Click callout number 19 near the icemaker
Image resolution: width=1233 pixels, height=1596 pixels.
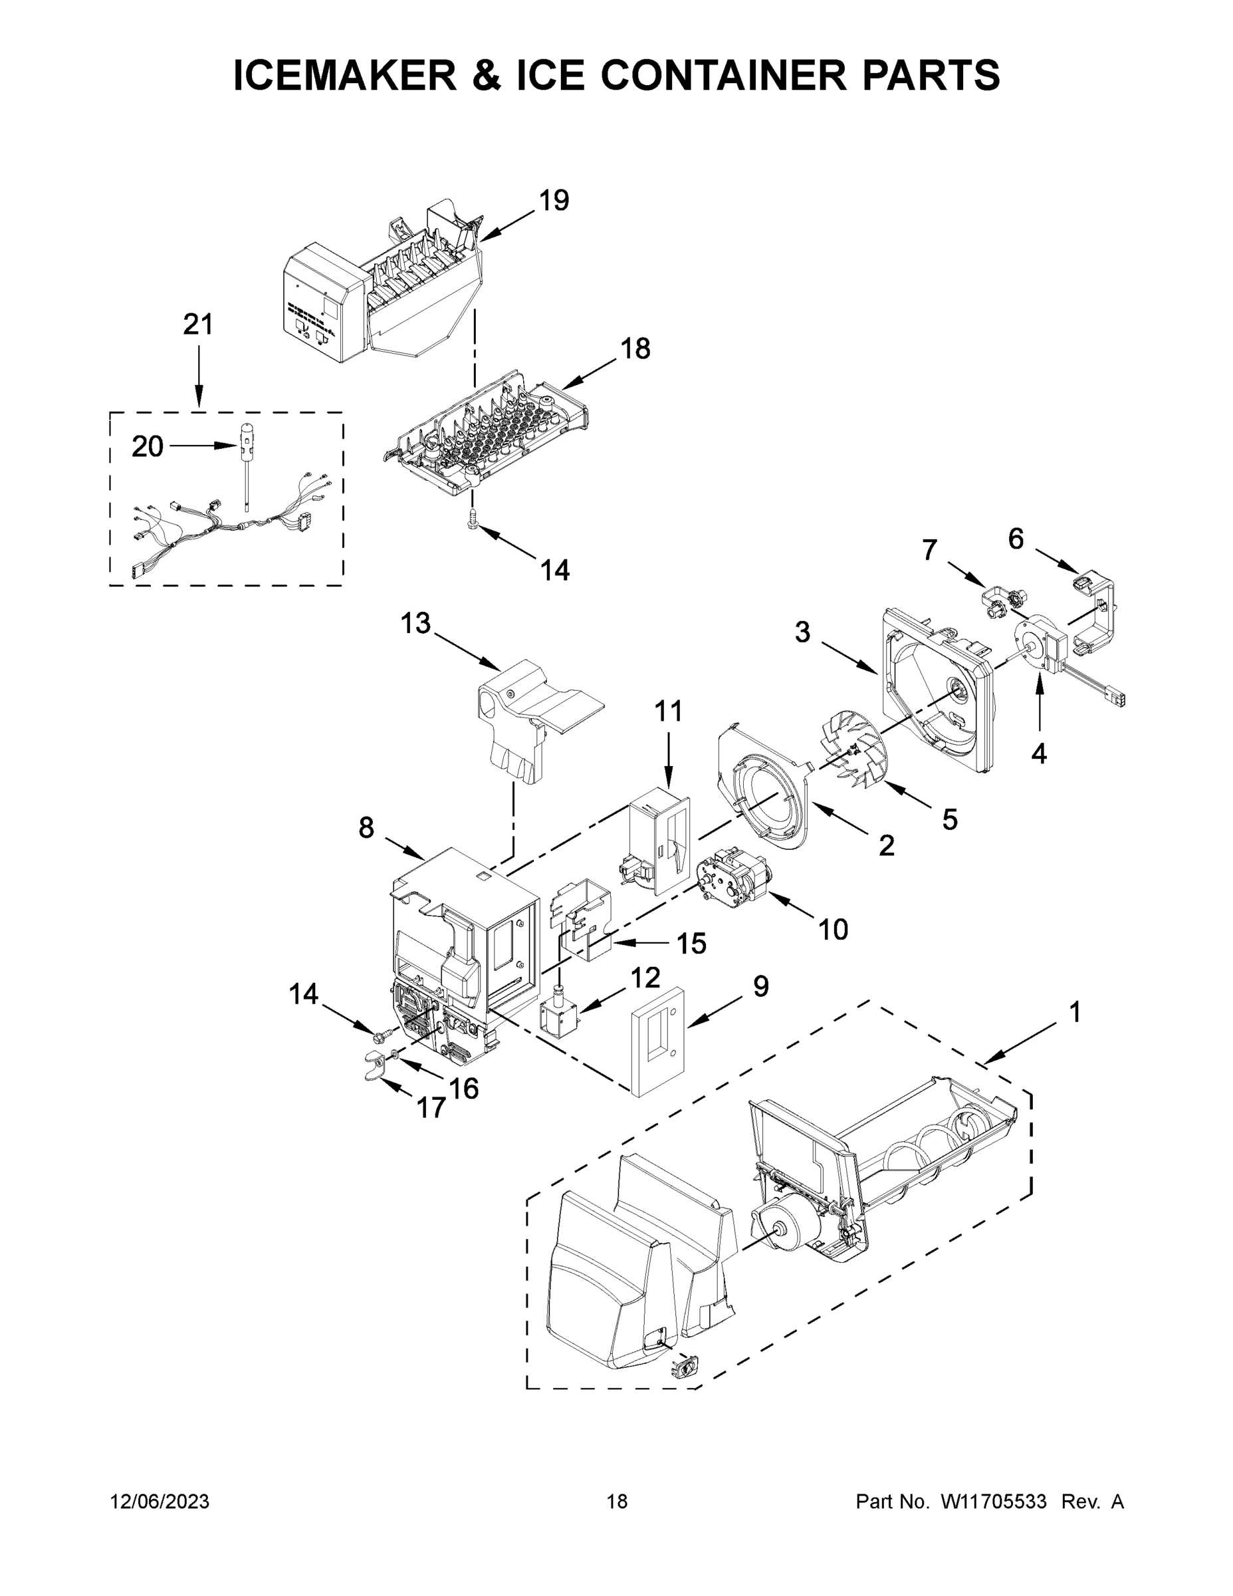pyautogui.click(x=554, y=200)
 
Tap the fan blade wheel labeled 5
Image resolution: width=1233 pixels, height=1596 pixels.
pyautogui.click(x=851, y=753)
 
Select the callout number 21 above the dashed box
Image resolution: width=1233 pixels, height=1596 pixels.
pyautogui.click(x=198, y=325)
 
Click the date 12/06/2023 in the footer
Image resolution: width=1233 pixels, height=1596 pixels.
pyautogui.click(x=160, y=1501)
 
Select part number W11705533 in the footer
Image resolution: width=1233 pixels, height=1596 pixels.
pyautogui.click(x=994, y=1501)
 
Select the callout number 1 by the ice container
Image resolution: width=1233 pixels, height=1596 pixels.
pyautogui.click(x=1075, y=1012)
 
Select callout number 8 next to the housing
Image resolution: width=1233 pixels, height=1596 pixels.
pyautogui.click(x=366, y=828)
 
